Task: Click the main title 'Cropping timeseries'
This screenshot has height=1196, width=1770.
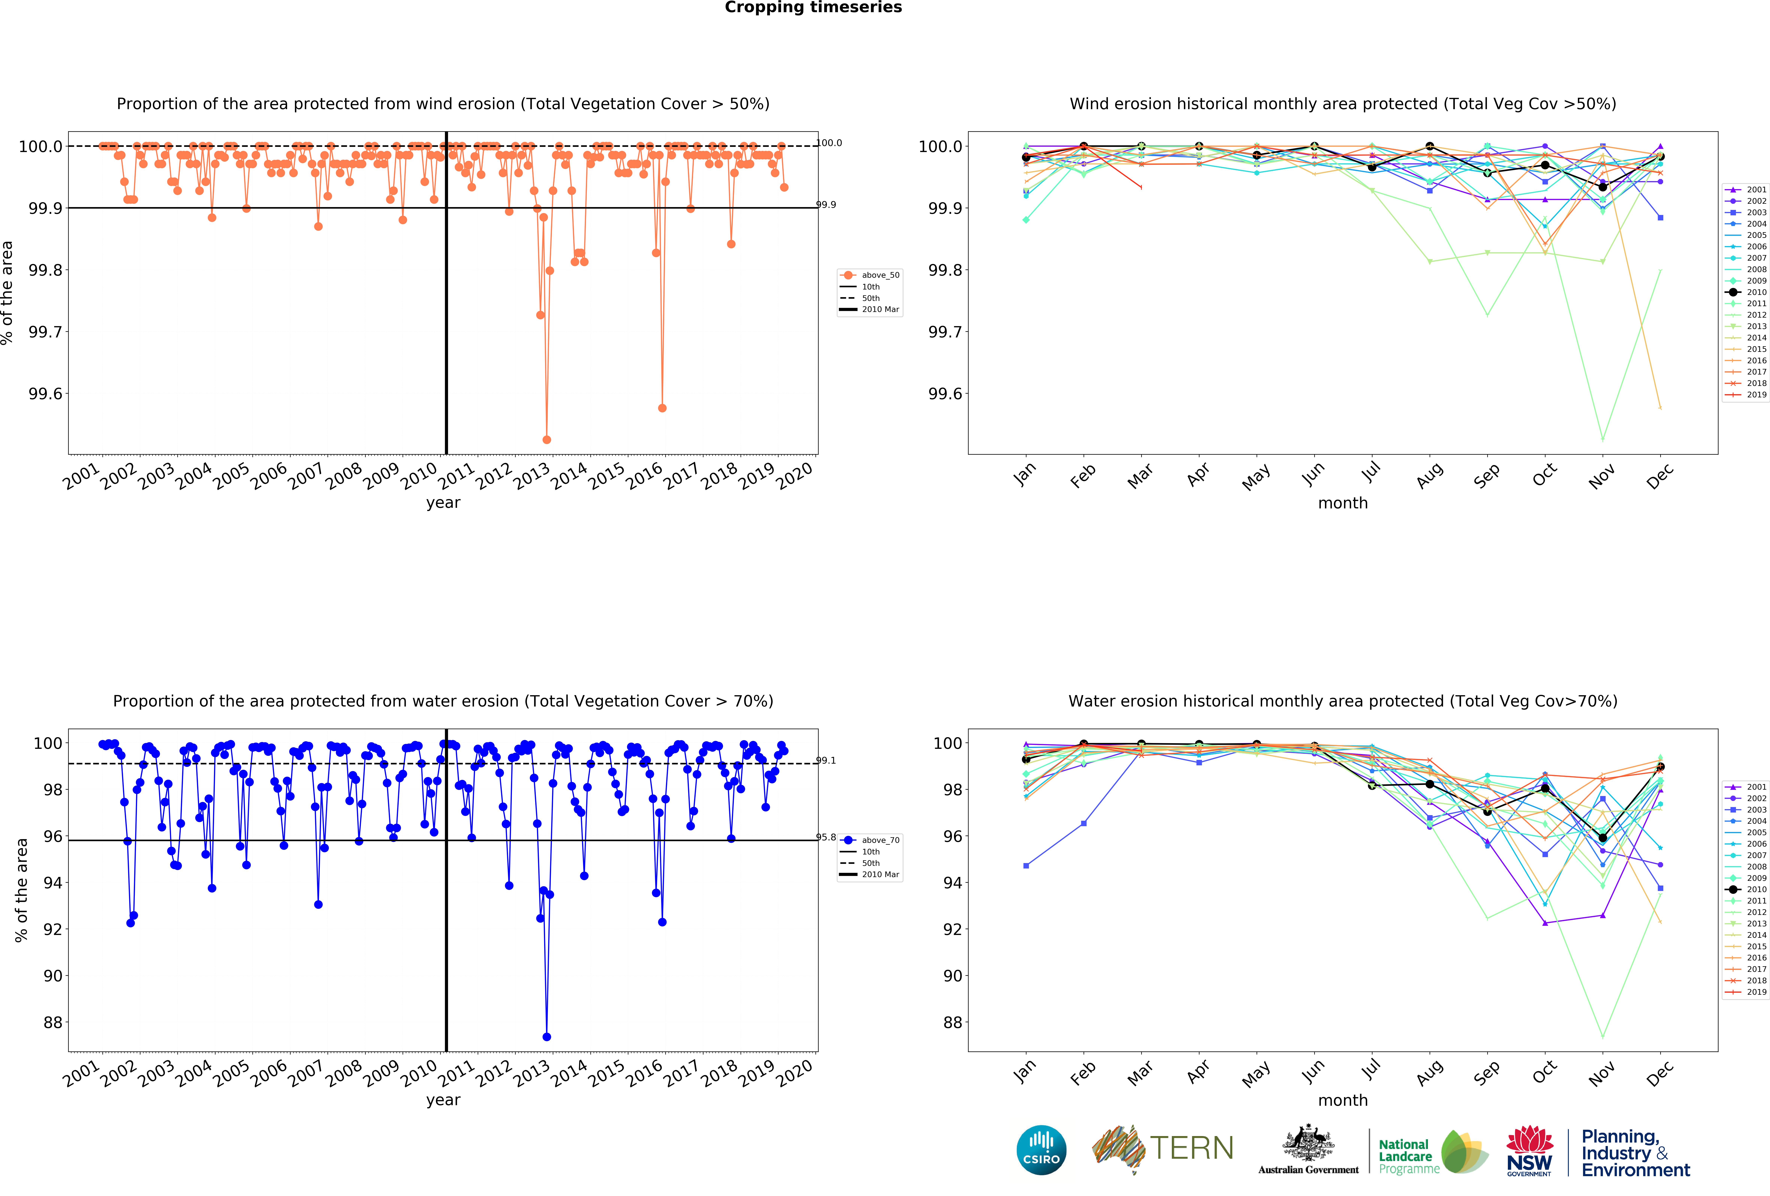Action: [813, 8]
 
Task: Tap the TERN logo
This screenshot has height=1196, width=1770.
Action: [1162, 1149]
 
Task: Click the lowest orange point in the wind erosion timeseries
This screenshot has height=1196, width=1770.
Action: [546, 439]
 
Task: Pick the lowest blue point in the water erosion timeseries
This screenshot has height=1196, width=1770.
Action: [546, 1037]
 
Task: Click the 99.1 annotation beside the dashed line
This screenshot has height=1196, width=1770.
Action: [826, 760]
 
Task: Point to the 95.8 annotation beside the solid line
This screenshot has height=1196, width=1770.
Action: [826, 837]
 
